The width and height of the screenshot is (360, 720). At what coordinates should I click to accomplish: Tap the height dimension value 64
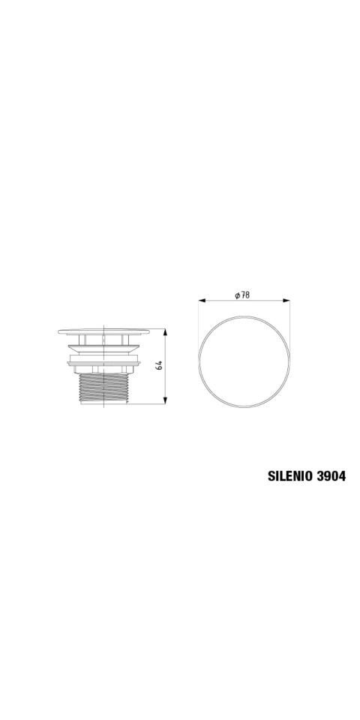[x=159, y=366]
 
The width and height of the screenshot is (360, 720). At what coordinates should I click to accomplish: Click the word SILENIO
[x=290, y=476]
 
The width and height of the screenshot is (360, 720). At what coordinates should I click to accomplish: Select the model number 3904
[x=331, y=476]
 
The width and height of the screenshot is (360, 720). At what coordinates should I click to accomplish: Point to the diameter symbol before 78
[x=237, y=295]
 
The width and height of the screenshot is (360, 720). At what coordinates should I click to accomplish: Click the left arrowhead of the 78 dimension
[x=202, y=301]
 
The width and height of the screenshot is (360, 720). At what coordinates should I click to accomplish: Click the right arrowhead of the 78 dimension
[x=286, y=301]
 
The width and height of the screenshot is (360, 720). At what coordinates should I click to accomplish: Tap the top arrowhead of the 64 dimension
[x=165, y=332]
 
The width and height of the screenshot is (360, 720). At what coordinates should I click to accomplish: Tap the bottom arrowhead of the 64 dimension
[x=165, y=400]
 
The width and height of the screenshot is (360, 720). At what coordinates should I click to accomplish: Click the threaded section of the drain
[x=103, y=388]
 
